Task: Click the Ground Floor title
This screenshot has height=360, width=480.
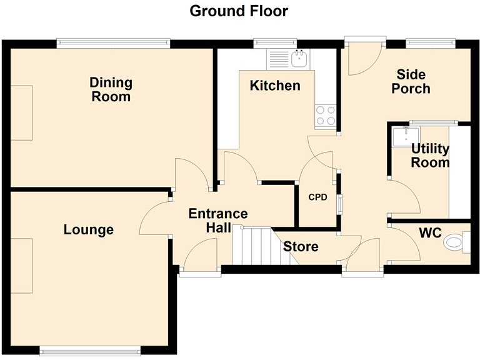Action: coord(239,11)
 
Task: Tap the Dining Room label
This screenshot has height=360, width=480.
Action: coord(111,89)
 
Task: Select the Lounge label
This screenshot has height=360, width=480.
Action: coord(89,230)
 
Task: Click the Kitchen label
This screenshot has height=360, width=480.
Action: coord(275,86)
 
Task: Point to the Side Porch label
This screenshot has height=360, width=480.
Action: coord(411,82)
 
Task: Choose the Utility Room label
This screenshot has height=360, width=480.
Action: coord(430,156)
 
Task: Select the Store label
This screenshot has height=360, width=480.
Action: coord(301,247)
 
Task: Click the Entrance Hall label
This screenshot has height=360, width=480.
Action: coord(218,220)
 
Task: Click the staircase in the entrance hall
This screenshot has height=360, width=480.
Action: coord(253,245)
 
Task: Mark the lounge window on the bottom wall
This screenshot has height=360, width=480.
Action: coord(90,349)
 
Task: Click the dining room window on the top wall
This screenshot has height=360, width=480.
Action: coord(112,43)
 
